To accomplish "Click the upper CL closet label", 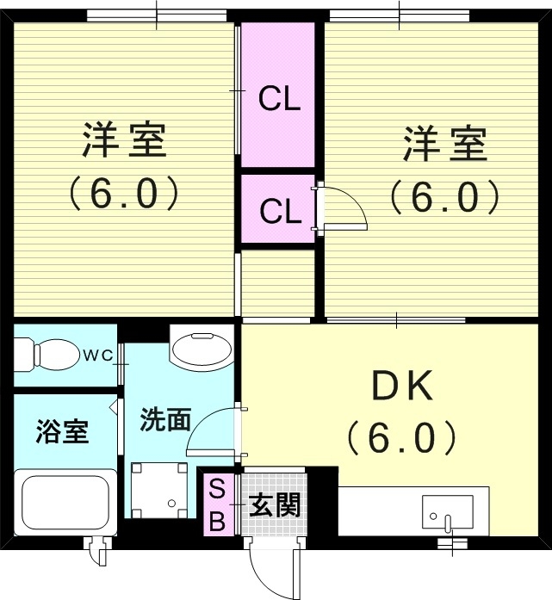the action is [x=279, y=98].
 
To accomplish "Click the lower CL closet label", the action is [x=280, y=211].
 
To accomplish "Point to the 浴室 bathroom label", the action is [x=62, y=431].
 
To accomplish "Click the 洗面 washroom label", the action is [x=165, y=419].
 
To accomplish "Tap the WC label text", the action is [x=98, y=356].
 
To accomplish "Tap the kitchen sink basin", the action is [x=448, y=511].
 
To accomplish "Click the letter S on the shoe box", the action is [x=217, y=489].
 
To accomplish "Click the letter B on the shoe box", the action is [x=217, y=521].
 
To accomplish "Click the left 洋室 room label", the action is [x=124, y=140].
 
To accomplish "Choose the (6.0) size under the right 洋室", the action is [x=444, y=198].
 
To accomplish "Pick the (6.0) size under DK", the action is [x=401, y=437].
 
